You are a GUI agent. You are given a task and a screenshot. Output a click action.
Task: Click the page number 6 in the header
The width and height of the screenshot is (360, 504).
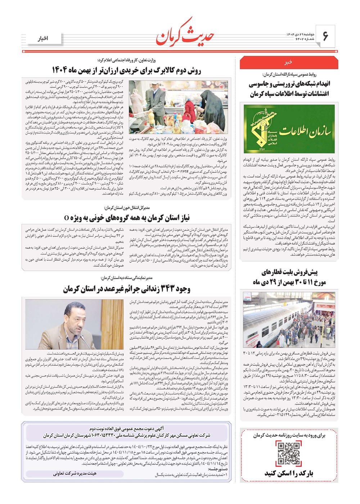click(325, 36)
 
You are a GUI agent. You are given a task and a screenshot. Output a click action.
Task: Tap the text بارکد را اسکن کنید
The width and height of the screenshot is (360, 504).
click(289, 473)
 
